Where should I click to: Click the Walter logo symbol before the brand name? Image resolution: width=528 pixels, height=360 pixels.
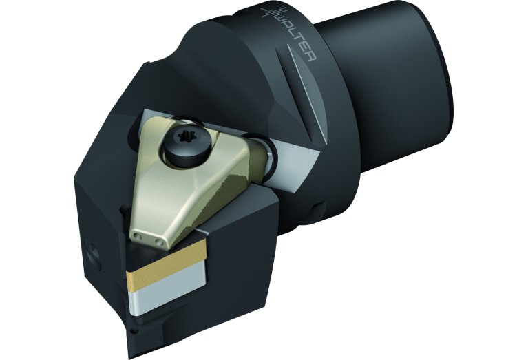point(271,16)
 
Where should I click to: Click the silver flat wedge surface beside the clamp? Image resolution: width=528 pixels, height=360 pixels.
point(293,162)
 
